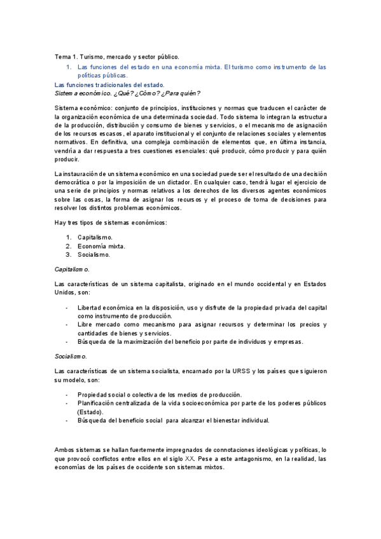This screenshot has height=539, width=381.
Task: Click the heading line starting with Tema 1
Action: (x=117, y=57)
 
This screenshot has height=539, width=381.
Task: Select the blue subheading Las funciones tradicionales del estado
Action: (x=109, y=85)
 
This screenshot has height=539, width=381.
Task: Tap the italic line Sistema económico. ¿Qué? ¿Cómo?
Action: (x=127, y=93)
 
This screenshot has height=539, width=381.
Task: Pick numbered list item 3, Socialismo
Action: (x=94, y=255)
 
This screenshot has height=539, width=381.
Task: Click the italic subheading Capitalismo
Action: (x=72, y=269)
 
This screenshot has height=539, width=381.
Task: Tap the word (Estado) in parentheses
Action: (x=92, y=411)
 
